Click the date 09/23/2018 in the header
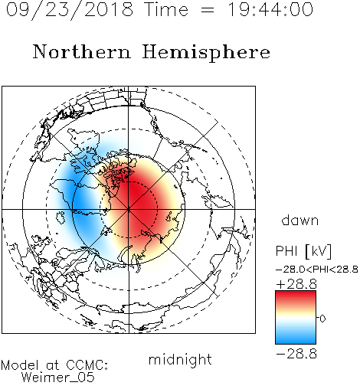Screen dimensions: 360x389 (70, 10)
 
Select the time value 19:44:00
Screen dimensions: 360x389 (270, 9)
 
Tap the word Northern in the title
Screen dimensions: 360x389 (82, 51)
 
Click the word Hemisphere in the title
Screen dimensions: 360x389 (206, 53)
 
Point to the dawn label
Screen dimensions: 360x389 (300, 220)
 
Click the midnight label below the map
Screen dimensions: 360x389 (180, 359)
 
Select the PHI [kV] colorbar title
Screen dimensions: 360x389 (303, 251)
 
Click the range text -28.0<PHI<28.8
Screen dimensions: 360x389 (317, 270)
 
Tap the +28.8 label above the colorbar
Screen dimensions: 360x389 (296, 284)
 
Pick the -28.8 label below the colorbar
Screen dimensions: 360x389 (296, 354)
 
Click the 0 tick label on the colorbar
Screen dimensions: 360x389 (322, 319)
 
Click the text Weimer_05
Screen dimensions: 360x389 (58, 378)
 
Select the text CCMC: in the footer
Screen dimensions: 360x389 (87, 365)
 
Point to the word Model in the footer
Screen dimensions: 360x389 (20, 365)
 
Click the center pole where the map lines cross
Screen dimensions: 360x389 (129, 209)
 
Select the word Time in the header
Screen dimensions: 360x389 (166, 9)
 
